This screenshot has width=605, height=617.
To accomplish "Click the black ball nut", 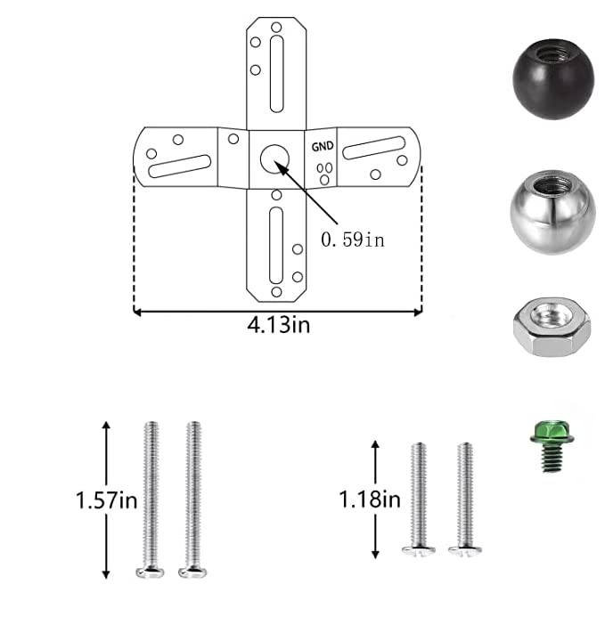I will (549, 78).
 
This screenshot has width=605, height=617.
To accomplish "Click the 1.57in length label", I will (105, 500).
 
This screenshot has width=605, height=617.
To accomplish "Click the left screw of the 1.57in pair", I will (150, 499).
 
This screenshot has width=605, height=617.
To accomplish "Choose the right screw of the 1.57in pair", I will (192, 499).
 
